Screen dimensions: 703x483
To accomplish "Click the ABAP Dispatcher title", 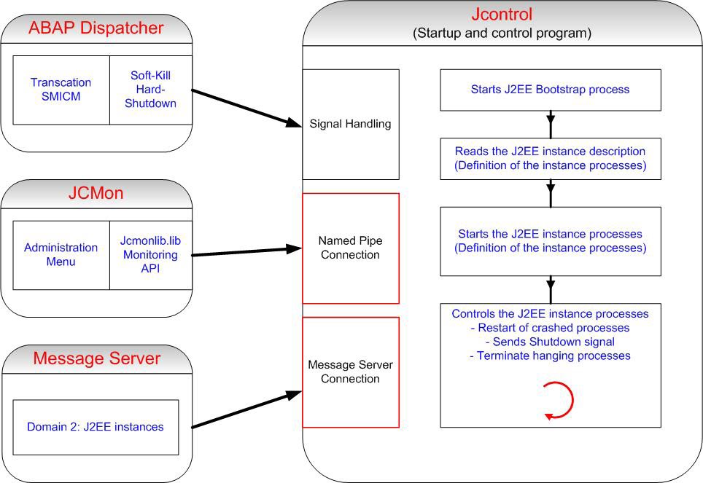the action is click(x=96, y=28).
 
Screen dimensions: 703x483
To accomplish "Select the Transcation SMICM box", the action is click(x=61, y=90).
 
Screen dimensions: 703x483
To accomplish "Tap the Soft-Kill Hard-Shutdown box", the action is click(x=151, y=90).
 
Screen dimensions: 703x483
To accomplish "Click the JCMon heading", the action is click(x=96, y=193).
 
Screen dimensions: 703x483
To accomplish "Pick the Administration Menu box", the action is click(x=61, y=255).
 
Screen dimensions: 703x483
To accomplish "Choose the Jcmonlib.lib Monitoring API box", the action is click(x=151, y=255).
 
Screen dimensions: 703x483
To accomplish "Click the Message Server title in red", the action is click(x=97, y=358).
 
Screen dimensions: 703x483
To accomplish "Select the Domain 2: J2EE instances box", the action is click(x=96, y=427).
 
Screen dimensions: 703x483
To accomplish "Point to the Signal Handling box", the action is click(x=351, y=124).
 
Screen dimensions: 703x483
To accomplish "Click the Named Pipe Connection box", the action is click(x=351, y=248).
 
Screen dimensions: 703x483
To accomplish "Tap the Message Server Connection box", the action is click(x=351, y=372).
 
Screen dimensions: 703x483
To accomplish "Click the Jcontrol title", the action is click(x=502, y=15).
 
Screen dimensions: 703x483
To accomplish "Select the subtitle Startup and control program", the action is click(x=502, y=34).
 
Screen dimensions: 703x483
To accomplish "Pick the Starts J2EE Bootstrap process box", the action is click(x=551, y=90).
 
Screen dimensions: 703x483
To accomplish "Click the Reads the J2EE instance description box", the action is click(x=551, y=159).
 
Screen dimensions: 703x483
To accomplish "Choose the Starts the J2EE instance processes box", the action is click(x=551, y=241).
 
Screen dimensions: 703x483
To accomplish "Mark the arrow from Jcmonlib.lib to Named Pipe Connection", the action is click(x=246, y=252).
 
